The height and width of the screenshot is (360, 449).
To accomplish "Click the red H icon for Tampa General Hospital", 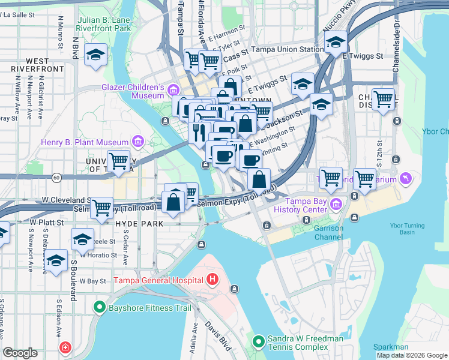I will [211, 279].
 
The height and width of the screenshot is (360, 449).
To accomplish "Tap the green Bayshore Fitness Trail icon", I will [100, 308].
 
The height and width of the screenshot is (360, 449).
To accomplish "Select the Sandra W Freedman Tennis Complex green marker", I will [258, 343].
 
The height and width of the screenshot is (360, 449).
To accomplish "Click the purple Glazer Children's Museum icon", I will [173, 91].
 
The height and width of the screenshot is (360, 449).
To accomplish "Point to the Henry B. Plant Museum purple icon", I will [138, 142].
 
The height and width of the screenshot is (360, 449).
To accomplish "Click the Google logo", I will [20, 353].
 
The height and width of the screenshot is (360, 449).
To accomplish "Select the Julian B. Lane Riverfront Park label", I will [104, 24].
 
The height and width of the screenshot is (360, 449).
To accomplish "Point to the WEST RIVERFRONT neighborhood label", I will [29, 65].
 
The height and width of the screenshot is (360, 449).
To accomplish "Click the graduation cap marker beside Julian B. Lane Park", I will [95, 56].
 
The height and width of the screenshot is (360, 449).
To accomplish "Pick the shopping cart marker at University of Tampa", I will [119, 160].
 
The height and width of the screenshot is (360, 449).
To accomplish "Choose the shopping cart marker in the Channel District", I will [382, 99].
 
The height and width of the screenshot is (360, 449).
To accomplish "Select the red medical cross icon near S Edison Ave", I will [65, 347].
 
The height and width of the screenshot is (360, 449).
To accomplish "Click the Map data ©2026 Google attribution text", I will [412, 355].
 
